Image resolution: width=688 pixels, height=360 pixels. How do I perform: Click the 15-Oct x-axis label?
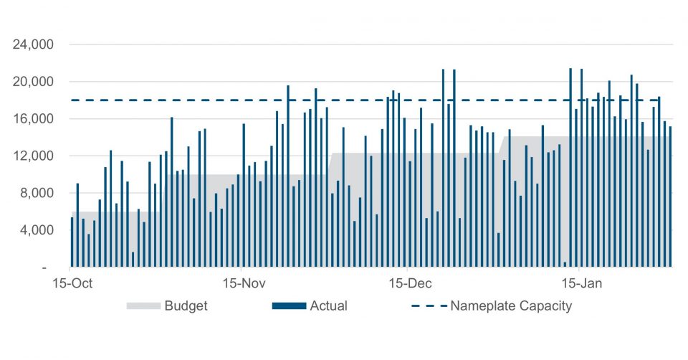72,283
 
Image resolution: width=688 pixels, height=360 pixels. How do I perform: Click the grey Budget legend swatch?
143,306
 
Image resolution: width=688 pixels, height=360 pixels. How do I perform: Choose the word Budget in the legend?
186,306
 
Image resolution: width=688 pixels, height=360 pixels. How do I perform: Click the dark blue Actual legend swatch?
289,306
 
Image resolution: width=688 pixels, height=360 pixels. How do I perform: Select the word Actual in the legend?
328,306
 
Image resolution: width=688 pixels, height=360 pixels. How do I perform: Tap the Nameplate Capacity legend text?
511,306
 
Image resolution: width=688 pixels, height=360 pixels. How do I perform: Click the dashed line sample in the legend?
427,306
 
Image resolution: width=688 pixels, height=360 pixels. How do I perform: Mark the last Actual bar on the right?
670,197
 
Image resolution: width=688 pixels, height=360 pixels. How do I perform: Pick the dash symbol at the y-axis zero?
45,267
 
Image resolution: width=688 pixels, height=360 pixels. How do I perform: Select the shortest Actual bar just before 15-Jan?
565,265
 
